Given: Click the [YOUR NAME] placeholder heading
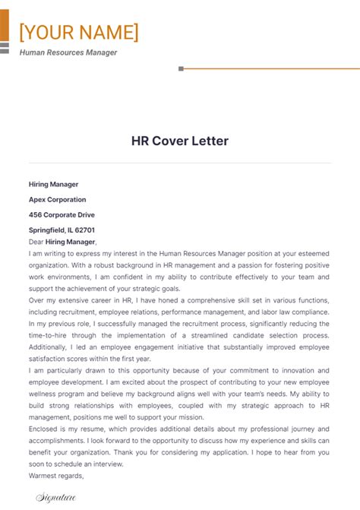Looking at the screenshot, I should coord(79,33).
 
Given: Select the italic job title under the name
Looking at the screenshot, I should coord(68,52).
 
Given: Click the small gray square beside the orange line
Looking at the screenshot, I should coord(181,68).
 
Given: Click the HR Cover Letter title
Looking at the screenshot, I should coord(180,141).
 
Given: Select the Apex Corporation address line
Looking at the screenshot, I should coord(58,199).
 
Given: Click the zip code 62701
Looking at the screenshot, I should coord(84,230).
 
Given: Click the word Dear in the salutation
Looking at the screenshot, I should coord(36,242).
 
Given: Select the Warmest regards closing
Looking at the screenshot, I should coord(55,476).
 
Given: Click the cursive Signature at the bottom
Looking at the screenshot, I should coord(55,498).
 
